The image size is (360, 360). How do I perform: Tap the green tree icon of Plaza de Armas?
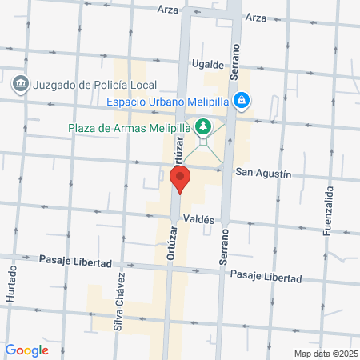203,127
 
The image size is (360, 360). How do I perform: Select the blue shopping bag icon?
241,101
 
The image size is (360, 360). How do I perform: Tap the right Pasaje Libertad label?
265,277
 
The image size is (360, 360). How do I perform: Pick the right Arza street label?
256,17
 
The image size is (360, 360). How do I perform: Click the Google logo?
26,350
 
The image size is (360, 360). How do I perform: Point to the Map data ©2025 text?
324,354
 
